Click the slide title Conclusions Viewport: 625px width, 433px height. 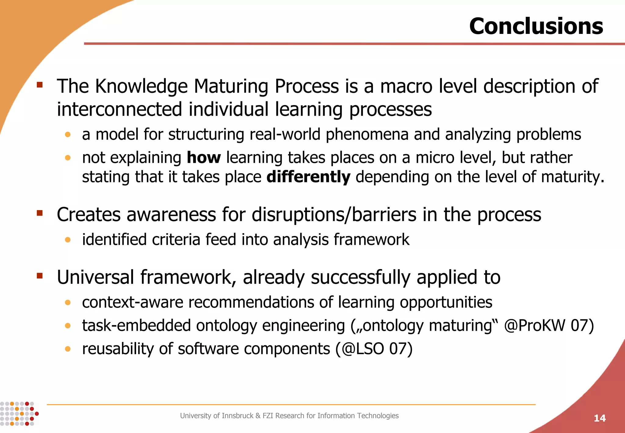point(536,26)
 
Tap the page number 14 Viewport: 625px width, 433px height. point(599,418)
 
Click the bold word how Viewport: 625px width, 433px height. point(204,158)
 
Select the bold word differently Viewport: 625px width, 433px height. point(308,177)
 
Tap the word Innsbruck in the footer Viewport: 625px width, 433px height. point(237,416)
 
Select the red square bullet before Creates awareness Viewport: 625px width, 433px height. point(40,213)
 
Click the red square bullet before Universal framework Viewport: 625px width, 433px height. point(40,276)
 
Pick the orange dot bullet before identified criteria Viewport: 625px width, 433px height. point(68,240)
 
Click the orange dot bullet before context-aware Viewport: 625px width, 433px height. point(68,303)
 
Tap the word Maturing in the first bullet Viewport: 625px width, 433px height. point(231,86)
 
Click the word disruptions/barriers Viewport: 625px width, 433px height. point(334,215)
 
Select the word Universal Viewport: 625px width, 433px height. point(96,277)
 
